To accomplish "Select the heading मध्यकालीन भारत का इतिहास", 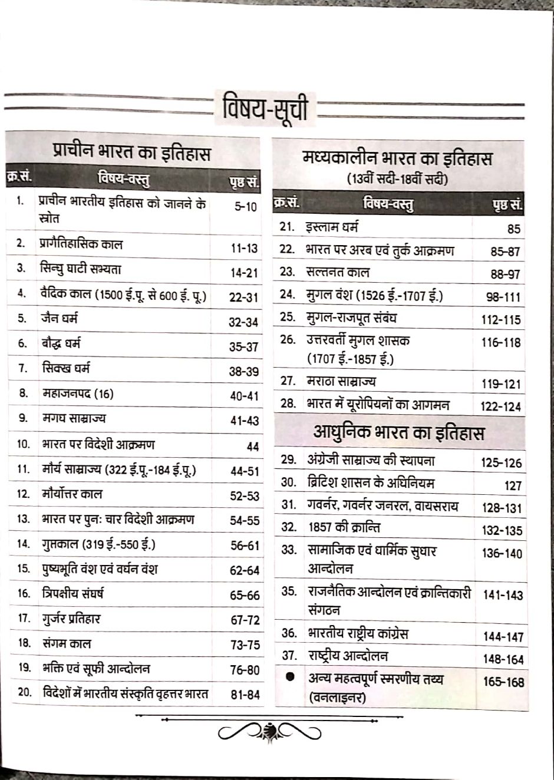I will (x=397, y=159).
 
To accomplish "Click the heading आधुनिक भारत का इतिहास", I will (x=398, y=433).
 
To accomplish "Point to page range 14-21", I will (x=244, y=273).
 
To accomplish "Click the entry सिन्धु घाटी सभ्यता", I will (x=81, y=269).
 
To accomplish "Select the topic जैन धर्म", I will (x=60, y=319).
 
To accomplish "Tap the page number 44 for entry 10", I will (x=252, y=447).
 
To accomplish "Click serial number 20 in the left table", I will (x=24, y=693).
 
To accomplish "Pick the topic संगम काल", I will (x=67, y=643).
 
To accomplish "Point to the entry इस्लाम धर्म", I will (x=332, y=227).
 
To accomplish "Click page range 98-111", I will (x=503, y=297).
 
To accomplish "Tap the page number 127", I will (x=513, y=485).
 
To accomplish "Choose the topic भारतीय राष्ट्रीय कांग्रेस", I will (x=358, y=634).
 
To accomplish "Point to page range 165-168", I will (x=503, y=682).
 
